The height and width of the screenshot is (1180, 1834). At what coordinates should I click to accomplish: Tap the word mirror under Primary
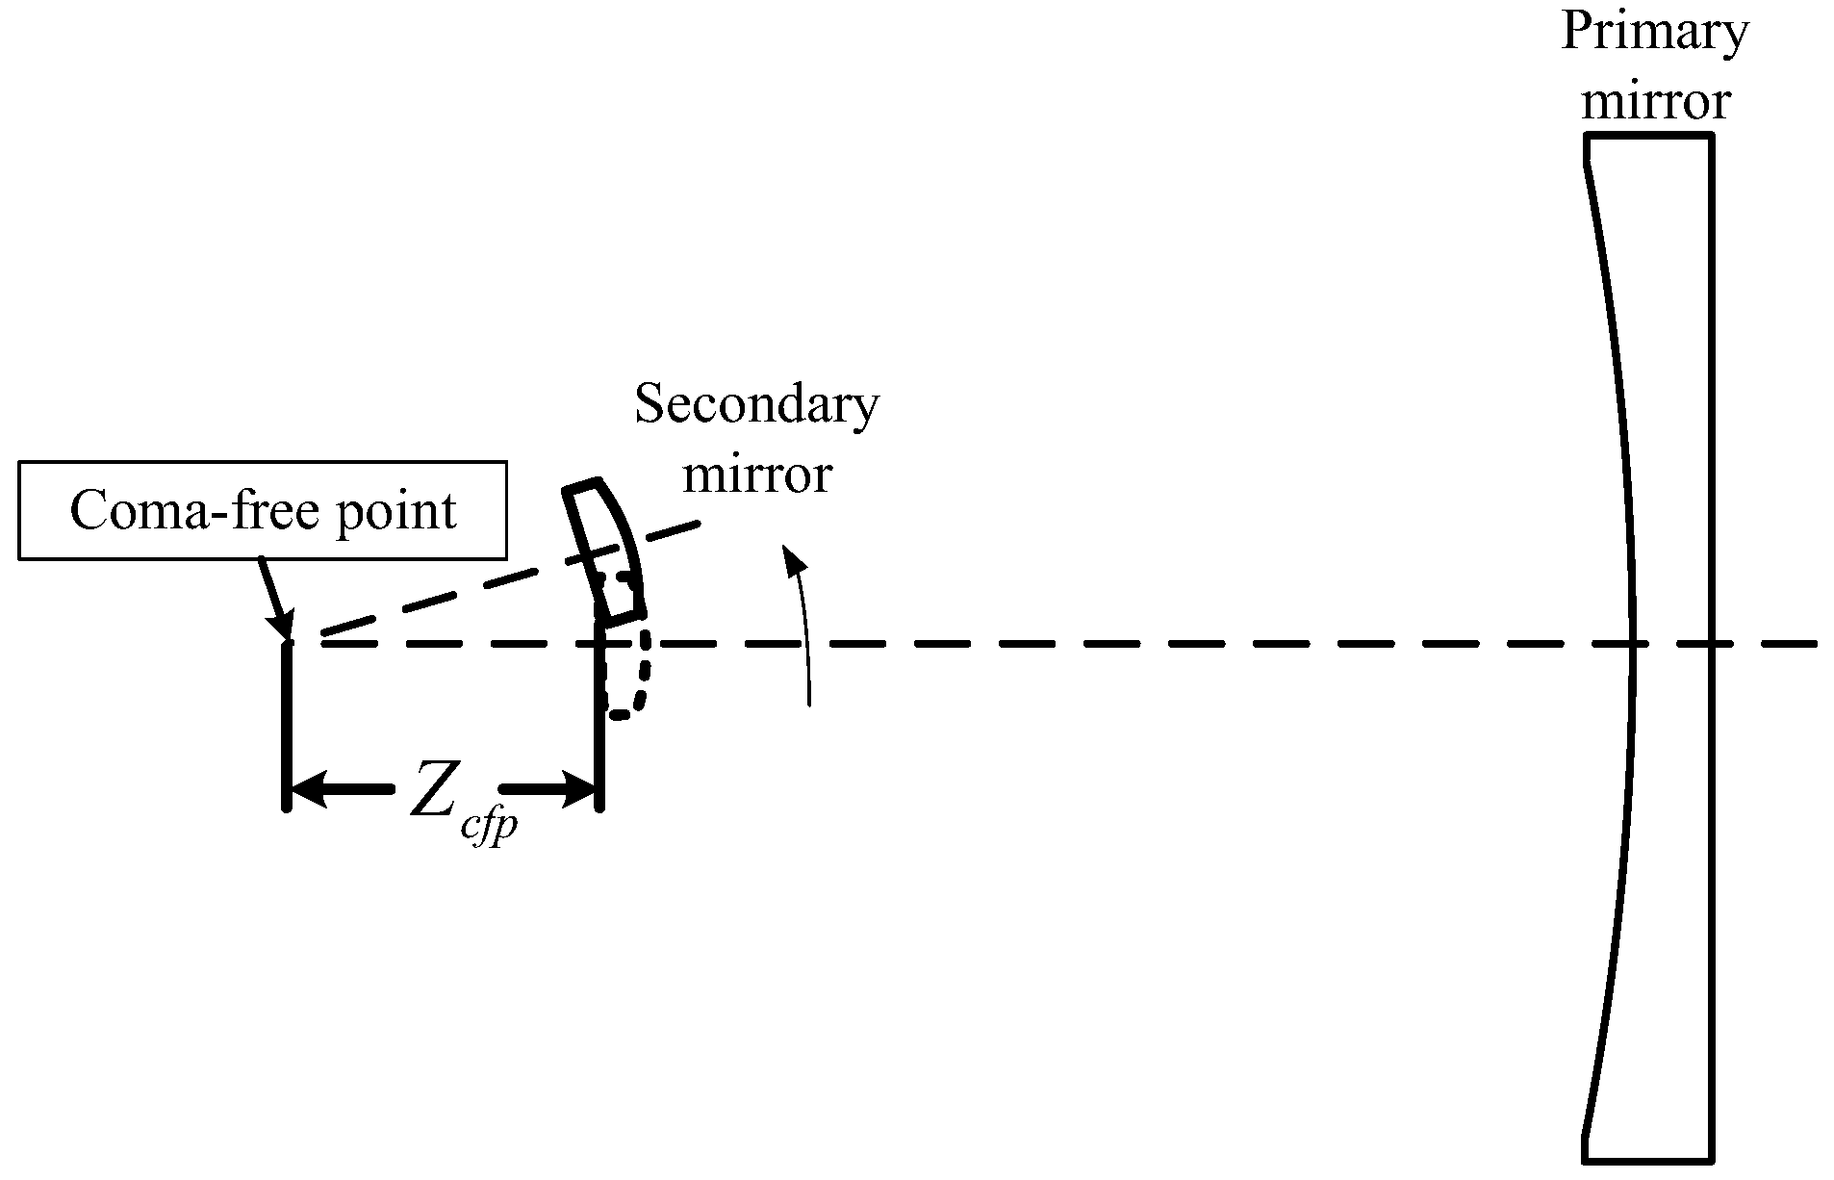1656,100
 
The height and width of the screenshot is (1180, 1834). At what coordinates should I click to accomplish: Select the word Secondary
756,405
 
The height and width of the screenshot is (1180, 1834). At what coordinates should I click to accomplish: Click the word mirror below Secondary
757,475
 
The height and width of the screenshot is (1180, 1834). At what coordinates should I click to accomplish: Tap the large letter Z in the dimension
434,787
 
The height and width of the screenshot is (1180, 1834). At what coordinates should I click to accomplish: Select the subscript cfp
489,828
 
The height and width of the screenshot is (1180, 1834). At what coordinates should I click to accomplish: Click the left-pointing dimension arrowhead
306,789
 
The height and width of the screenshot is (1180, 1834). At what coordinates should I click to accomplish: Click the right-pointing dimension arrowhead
579,789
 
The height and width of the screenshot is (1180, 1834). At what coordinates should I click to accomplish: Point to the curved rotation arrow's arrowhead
792,559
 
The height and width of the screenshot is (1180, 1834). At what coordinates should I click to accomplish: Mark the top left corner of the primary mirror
1587,138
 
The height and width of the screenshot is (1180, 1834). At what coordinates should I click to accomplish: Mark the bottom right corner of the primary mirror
1711,1158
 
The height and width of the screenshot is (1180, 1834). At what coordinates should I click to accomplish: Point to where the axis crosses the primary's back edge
1711,643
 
